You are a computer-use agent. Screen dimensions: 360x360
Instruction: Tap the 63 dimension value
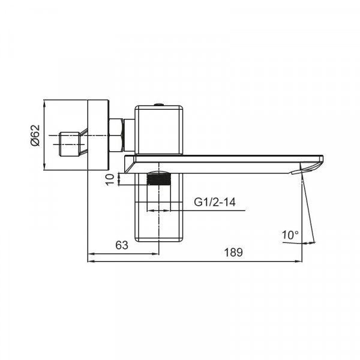122,245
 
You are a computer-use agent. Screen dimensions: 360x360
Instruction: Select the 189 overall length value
235,253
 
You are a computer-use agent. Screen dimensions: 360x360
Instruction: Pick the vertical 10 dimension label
110,179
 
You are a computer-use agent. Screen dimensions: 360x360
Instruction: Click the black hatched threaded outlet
159,178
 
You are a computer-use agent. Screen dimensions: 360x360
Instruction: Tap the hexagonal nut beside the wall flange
116,135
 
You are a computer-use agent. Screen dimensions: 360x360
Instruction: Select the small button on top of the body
158,105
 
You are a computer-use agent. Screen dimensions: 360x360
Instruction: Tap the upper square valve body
159,129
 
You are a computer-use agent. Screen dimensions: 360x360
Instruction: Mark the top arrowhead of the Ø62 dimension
46,103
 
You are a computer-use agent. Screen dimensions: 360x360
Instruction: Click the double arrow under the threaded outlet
159,211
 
